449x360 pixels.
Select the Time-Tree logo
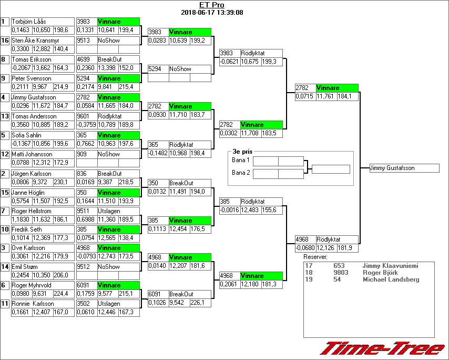point(383,348)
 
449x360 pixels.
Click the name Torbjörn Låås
point(29,22)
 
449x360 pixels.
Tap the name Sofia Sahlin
point(27,135)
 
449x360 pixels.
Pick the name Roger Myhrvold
point(31,285)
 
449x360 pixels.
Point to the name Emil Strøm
point(26,266)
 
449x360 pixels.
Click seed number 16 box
point(5,40)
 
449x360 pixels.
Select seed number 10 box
point(5,229)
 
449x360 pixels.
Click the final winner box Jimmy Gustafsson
point(404,168)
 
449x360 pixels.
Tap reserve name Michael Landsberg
point(391,279)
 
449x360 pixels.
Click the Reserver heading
point(315,257)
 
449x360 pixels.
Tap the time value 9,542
point(179,303)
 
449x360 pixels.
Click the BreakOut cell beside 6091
point(181,294)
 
